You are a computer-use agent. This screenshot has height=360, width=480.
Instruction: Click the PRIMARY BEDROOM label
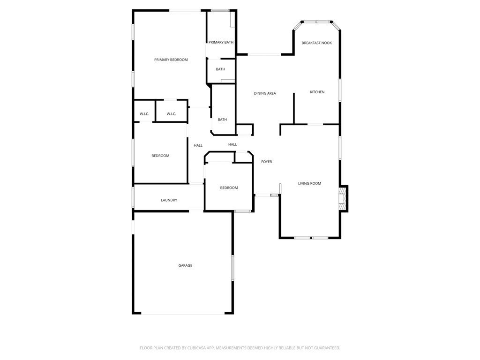(171, 60)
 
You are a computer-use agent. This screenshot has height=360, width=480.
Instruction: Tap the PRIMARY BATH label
(221, 43)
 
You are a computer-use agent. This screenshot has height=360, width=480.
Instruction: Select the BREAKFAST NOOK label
(316, 43)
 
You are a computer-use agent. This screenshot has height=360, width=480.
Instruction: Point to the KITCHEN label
(317, 92)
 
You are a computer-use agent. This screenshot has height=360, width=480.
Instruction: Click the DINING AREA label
(265, 94)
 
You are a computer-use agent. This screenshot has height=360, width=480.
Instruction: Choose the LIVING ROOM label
(309, 184)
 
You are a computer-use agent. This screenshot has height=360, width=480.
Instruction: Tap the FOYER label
(266, 162)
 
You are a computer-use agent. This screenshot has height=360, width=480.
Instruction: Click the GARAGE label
(185, 266)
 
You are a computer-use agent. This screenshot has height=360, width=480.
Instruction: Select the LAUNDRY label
(169, 201)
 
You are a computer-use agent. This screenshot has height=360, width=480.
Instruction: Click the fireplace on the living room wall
(343, 199)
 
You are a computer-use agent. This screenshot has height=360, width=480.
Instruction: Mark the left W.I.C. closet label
(144, 114)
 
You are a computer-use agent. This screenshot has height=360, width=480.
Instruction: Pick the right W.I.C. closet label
(171, 114)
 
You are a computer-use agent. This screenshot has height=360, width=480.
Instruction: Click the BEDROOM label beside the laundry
(160, 156)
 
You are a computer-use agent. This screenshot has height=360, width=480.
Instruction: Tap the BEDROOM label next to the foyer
(229, 188)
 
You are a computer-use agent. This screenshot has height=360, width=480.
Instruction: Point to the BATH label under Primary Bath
(220, 69)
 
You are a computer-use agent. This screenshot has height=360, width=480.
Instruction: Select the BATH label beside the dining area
(222, 120)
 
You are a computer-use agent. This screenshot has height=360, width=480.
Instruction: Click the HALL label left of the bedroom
(198, 146)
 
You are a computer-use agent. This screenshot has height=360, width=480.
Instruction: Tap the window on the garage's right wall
(232, 268)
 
